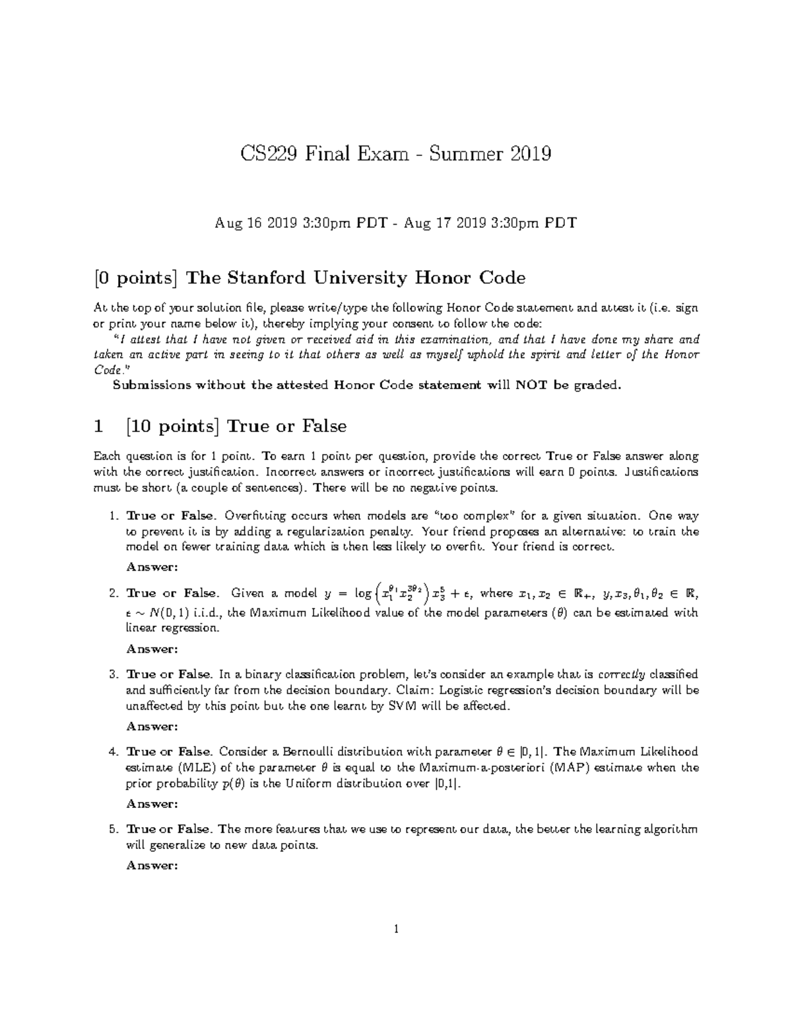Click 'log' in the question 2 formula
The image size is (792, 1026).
pos(363,593)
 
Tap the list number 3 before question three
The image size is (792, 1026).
pos(113,675)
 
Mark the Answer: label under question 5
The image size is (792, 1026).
pos(152,865)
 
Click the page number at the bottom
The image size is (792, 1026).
pos(396,930)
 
